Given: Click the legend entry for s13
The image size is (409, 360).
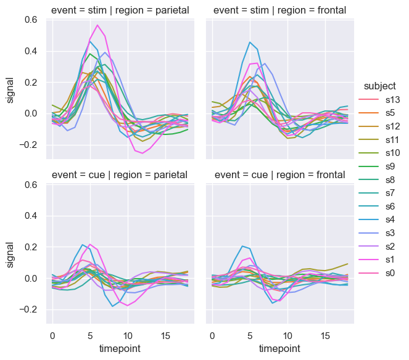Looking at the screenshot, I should click(387, 100).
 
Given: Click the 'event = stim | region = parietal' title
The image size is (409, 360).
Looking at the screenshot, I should click(120, 10).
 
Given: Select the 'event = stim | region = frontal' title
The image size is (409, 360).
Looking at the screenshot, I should click(280, 10).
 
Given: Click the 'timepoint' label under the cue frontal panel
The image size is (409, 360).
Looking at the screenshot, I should click(280, 348).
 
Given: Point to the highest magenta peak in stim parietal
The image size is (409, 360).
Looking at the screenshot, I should click(97, 25).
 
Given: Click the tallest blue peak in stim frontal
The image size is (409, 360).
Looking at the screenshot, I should click(250, 42).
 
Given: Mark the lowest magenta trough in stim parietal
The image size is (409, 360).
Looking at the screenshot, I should click(143, 153).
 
